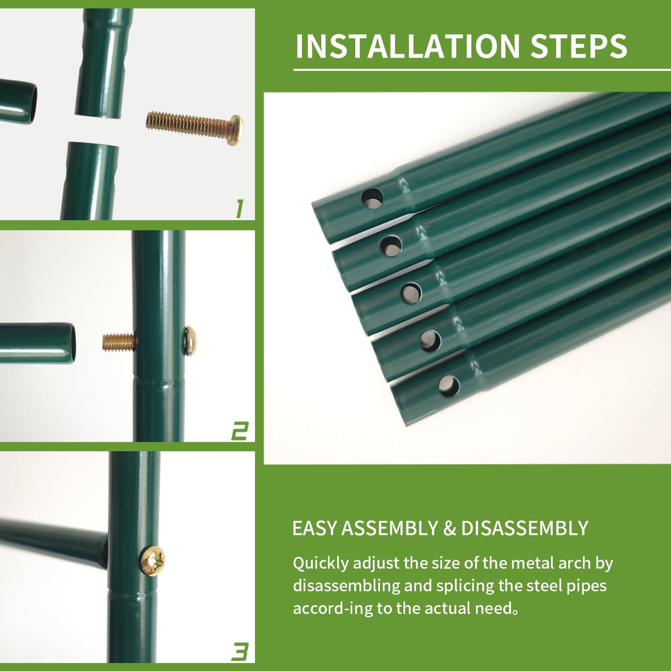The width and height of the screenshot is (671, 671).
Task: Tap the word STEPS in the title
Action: (579, 46)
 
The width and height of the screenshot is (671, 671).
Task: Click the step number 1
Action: (240, 209)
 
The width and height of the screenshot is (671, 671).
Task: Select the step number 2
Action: (240, 431)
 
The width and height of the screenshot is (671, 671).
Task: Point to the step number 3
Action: (240, 652)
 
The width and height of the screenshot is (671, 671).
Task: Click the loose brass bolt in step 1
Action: (195, 128)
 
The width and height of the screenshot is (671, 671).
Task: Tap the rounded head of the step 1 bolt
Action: (236, 130)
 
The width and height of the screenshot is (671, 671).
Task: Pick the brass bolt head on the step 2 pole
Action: (190, 341)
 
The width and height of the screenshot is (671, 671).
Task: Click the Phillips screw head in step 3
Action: (152, 561)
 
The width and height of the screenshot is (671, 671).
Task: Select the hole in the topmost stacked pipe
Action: (372, 199)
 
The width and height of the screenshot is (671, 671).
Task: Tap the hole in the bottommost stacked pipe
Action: (449, 385)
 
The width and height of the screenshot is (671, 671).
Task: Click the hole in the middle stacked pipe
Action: (411, 294)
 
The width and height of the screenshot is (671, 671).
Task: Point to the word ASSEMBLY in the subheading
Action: (390, 529)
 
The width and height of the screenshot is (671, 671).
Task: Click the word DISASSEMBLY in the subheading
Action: (525, 529)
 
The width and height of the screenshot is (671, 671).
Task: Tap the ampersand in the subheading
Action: (450, 529)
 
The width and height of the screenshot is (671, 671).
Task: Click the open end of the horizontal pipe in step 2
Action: (72, 343)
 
